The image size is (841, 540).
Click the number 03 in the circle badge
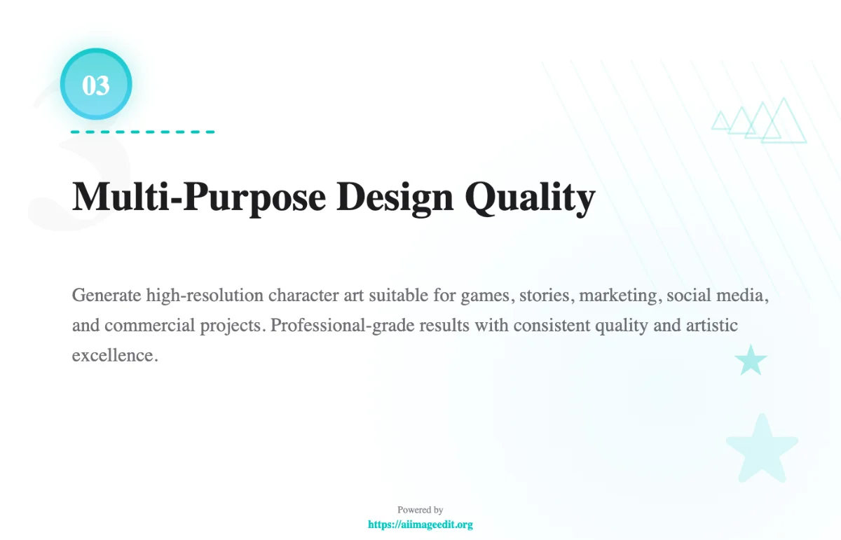click(x=96, y=85)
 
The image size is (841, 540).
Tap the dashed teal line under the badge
click(x=142, y=132)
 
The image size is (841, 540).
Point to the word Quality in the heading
click(x=531, y=197)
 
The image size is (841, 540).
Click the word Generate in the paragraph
click(x=107, y=295)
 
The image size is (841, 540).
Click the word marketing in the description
click(x=620, y=295)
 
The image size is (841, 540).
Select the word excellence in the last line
click(x=112, y=355)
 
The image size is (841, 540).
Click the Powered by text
click(x=420, y=510)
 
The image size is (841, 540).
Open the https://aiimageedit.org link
click(x=420, y=524)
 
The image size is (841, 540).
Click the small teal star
click(x=751, y=360)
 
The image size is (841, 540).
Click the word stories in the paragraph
click(x=548, y=295)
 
